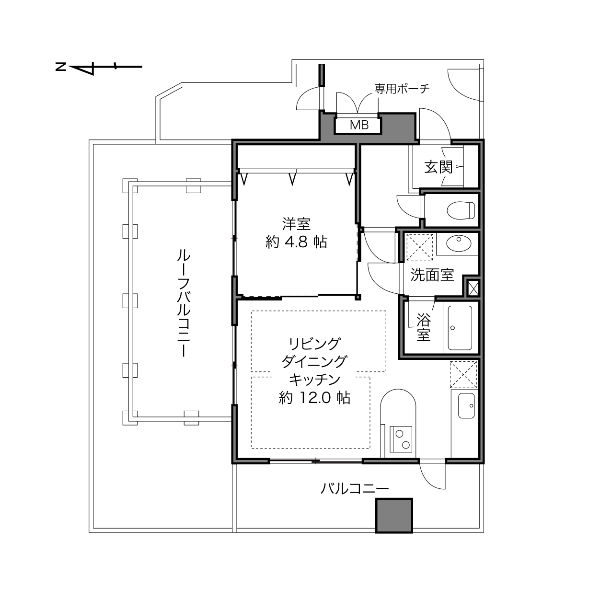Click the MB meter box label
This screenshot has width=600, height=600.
359,125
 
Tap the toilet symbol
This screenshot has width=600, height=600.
461,210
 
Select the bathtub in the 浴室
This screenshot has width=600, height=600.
460,328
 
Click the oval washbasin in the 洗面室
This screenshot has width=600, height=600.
459,243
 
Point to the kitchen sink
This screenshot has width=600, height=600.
466,406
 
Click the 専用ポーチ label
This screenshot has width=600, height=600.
402,89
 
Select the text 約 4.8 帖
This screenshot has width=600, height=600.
296,242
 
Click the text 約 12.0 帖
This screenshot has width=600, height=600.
314,398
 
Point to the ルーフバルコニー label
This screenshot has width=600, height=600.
184,303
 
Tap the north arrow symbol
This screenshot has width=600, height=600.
99,67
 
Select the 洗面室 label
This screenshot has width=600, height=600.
432,275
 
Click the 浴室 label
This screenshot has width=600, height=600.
424,327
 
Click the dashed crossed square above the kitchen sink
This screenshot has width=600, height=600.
463,375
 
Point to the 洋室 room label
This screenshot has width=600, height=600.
297,224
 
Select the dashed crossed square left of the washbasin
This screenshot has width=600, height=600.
420,247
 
